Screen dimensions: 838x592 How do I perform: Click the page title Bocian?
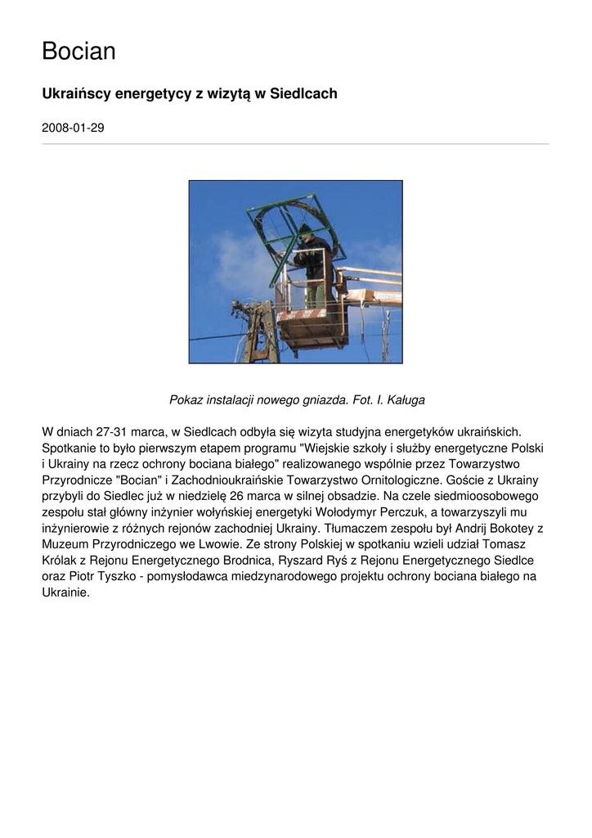pos(78,52)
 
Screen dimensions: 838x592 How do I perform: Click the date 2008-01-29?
pos(73,128)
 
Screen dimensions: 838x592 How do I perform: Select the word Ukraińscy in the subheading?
pos(75,94)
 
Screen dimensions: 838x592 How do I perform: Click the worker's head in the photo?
pos(306,232)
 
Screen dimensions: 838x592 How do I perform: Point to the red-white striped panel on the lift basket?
pos(302,314)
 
